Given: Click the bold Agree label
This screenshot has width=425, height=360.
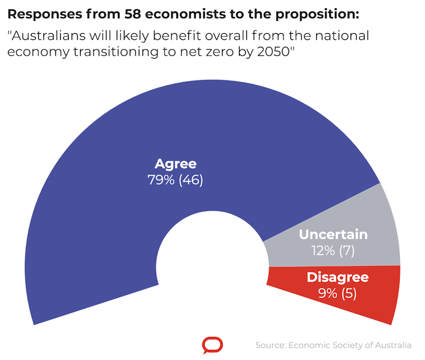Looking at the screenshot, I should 176,164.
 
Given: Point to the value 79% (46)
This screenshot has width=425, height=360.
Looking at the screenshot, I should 175,180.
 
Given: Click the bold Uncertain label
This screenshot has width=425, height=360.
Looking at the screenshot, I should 333,234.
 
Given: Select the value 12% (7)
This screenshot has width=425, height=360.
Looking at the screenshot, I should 333,251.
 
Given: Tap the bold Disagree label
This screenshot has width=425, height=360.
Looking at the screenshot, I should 338,277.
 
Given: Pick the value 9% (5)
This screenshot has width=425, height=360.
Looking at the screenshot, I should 338,293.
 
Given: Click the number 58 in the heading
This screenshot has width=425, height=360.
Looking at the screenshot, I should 132,14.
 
